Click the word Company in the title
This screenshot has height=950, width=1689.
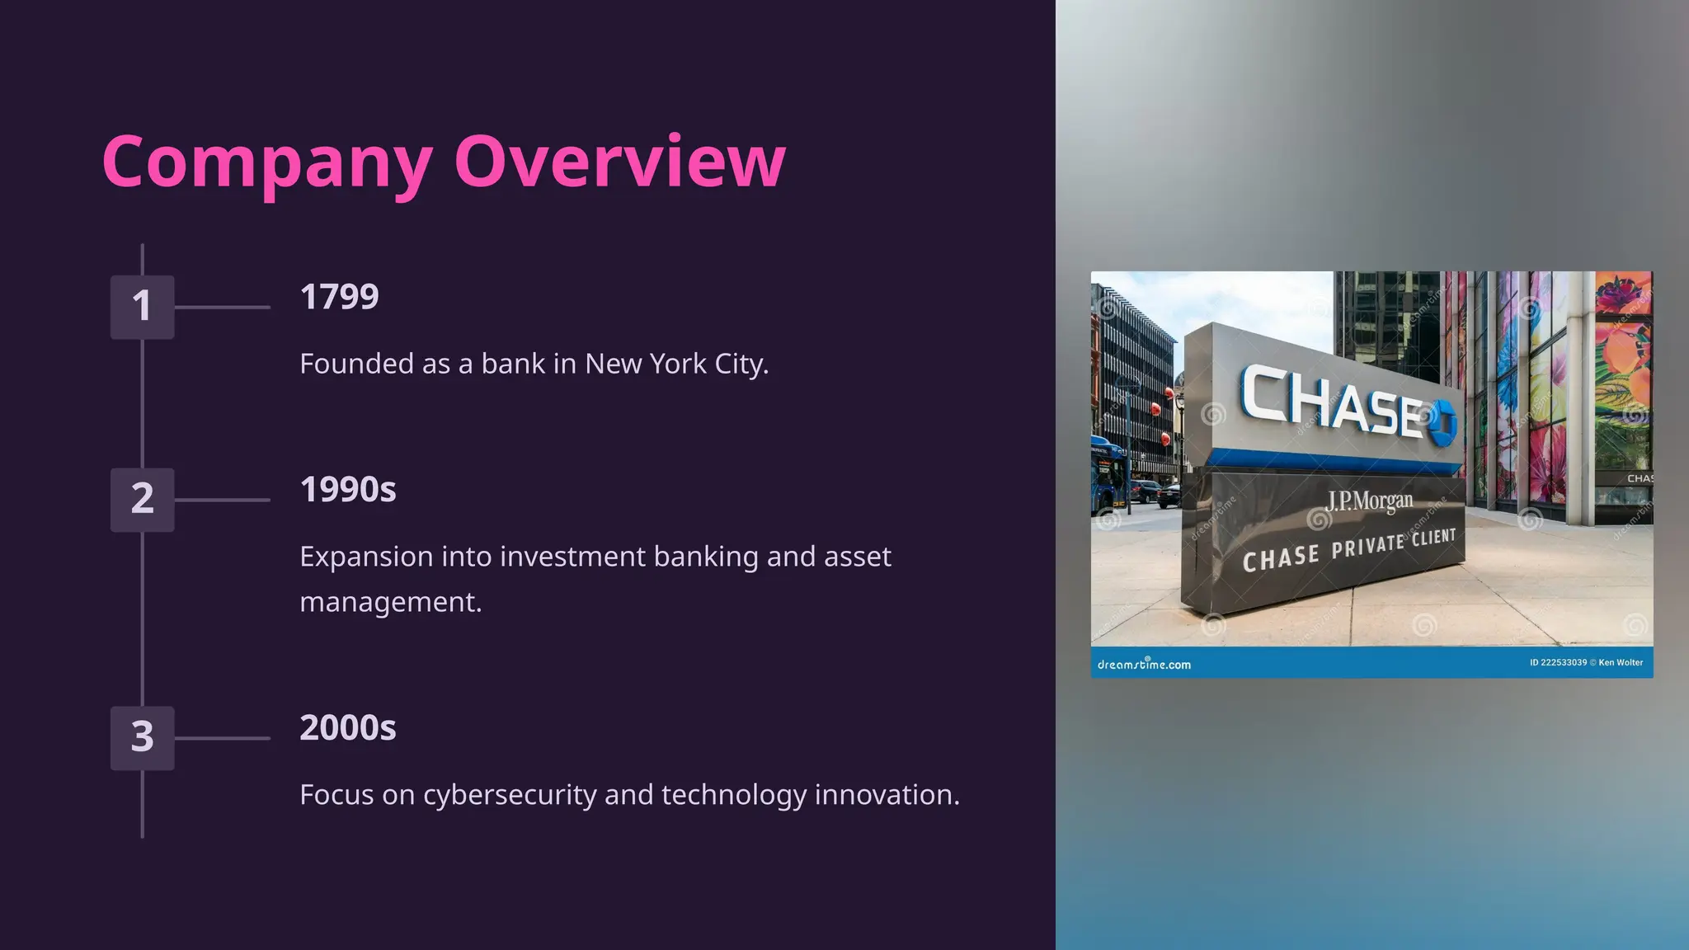[x=267, y=162]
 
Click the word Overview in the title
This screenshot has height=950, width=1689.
[x=619, y=162]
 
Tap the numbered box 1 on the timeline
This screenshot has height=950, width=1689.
[x=142, y=307]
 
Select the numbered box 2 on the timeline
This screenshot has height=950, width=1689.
[x=142, y=500]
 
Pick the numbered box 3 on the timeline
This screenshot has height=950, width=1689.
[x=142, y=737]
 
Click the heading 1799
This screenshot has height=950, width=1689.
[x=339, y=297]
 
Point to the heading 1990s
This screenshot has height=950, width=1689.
[x=347, y=490]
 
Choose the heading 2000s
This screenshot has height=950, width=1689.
[x=347, y=728]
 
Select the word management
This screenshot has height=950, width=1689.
[x=390, y=602]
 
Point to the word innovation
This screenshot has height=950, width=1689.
[x=887, y=795]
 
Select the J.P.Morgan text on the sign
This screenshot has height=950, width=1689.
[x=1369, y=501]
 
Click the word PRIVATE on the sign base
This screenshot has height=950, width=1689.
[x=1367, y=546]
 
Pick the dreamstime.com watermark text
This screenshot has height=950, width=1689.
[x=1144, y=665]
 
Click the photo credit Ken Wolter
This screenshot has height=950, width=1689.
[x=1621, y=662]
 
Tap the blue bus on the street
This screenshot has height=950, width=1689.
[x=1108, y=479]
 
